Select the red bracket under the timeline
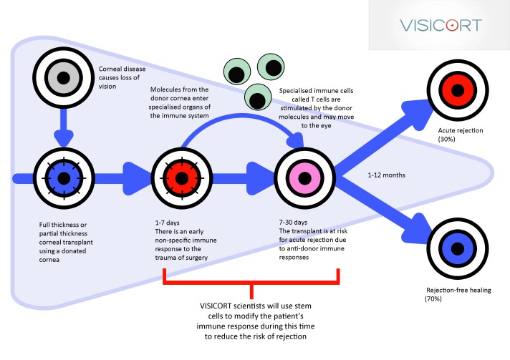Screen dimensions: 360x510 tap(252, 281)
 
